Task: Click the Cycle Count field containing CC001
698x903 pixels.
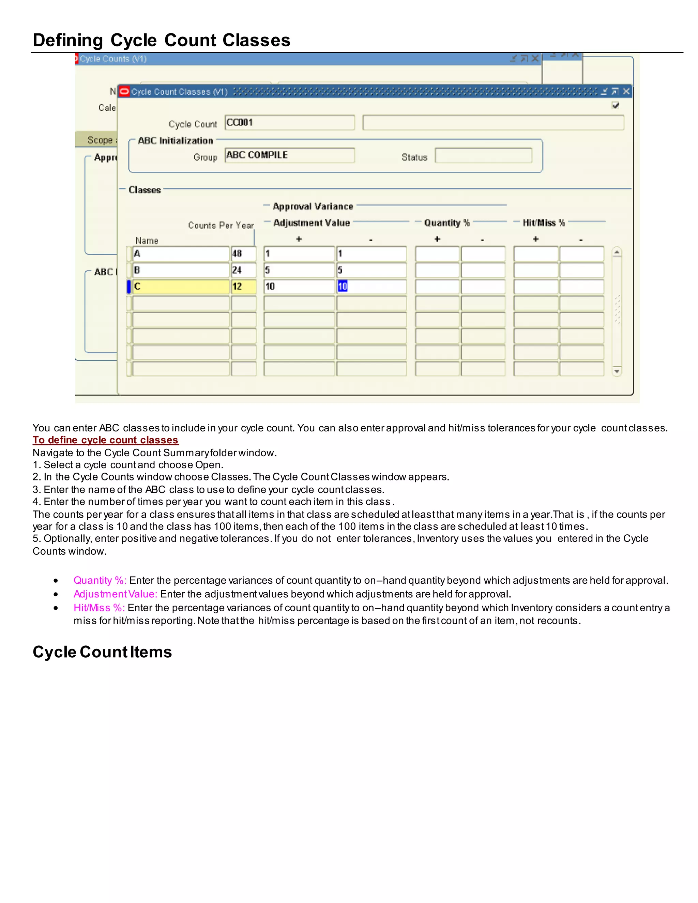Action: click(289, 123)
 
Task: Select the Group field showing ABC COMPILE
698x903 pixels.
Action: click(289, 155)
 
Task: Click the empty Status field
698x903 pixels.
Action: click(483, 156)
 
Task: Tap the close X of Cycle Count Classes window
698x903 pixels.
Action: click(626, 91)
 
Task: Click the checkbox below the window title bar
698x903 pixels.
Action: click(615, 105)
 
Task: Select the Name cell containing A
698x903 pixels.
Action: click(181, 254)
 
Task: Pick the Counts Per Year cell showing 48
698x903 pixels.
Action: click(243, 254)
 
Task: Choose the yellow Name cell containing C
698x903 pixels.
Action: click(181, 287)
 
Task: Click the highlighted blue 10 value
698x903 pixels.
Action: click(343, 287)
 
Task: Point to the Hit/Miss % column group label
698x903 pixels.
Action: click(543, 223)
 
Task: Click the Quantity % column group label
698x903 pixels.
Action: click(446, 223)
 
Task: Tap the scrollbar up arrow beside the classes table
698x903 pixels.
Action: click(617, 252)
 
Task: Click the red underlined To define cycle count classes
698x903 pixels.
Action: click(105, 440)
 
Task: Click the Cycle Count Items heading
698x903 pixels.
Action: click(102, 652)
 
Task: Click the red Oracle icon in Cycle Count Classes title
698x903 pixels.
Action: click(124, 91)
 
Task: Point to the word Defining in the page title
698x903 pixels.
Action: click(68, 41)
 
